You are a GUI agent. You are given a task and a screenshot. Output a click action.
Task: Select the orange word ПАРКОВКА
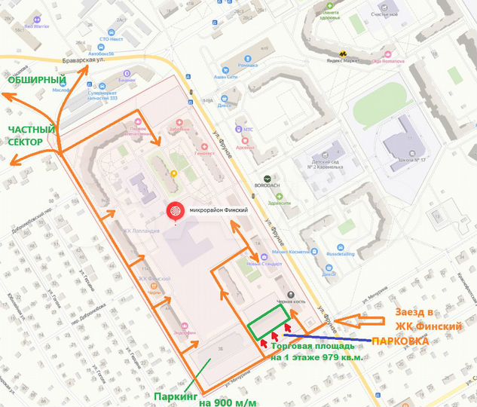pos(403,341)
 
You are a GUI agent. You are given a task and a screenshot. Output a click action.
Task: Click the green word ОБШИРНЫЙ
pos(37,80)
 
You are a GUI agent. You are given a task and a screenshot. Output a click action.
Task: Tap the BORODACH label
pos(277,183)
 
